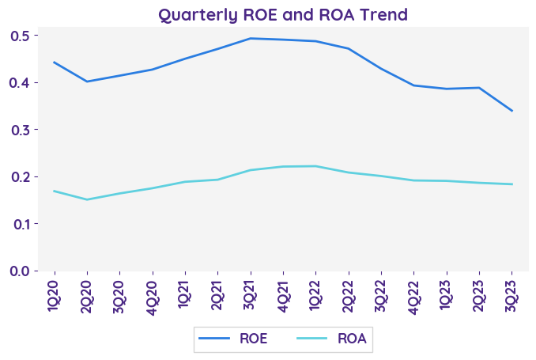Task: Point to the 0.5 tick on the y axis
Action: (20, 36)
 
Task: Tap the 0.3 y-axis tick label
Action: (20, 130)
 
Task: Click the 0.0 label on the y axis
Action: (20, 271)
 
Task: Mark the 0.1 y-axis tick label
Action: (20, 224)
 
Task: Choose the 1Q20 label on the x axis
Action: (54, 297)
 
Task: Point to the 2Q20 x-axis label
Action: (86, 297)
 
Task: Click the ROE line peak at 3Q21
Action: (250, 38)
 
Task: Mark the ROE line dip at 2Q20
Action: (86, 81)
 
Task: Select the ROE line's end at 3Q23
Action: (511, 111)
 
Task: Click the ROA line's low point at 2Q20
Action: (86, 199)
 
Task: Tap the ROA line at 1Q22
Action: (315, 166)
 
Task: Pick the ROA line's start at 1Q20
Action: (54, 191)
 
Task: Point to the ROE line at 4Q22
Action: (413, 85)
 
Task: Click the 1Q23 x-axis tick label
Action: (446, 297)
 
